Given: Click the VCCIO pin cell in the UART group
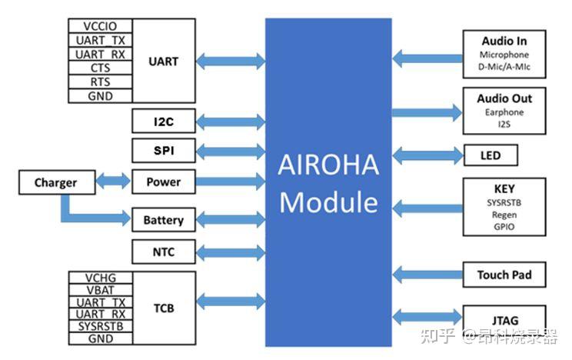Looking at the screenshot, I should click(x=100, y=26).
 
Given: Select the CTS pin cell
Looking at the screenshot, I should click(x=100, y=68).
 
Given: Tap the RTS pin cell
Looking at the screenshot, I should click(x=100, y=82).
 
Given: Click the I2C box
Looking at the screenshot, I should click(x=163, y=121).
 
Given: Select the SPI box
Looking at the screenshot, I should click(x=163, y=150).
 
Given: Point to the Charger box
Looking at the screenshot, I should click(x=55, y=182).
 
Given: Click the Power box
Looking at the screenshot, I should click(x=163, y=182).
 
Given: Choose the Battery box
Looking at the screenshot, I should click(x=163, y=220).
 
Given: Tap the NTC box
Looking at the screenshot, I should click(x=163, y=251).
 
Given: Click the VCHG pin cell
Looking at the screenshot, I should click(x=100, y=278).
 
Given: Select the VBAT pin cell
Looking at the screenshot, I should click(x=100, y=291).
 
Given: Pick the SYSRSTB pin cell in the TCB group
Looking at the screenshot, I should click(x=100, y=326).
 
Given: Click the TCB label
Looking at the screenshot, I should click(x=163, y=308).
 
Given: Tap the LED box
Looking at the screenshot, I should click(x=490, y=155).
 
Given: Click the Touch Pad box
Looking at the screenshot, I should click(x=504, y=275).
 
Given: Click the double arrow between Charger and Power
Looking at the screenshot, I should click(x=114, y=182).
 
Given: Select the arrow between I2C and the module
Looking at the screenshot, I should click(x=230, y=121).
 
